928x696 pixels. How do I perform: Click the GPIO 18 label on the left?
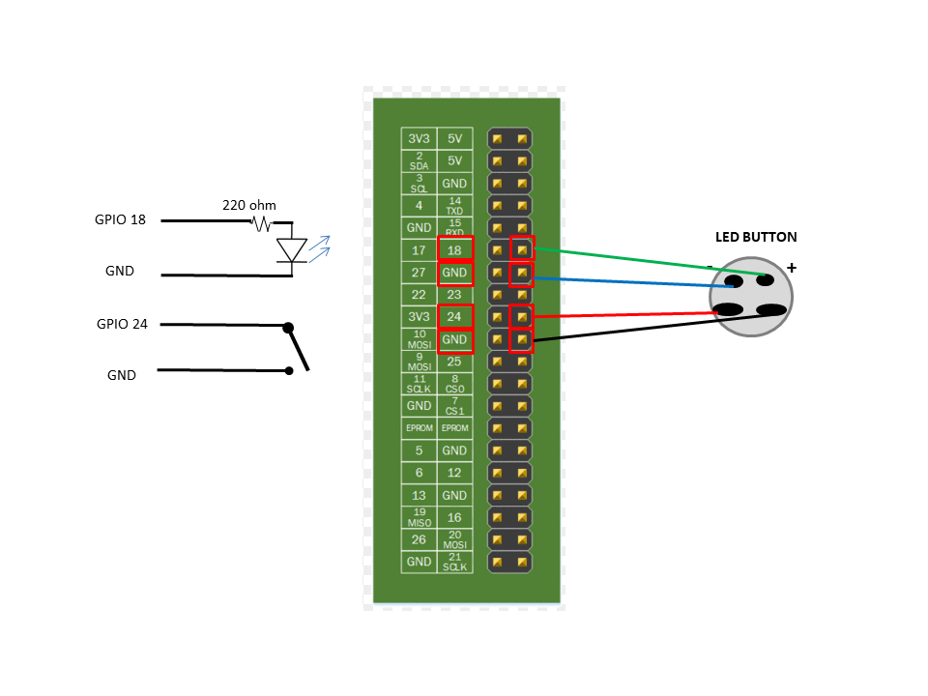click(120, 220)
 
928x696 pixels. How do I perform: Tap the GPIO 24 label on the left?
click(122, 325)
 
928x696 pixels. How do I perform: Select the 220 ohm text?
click(249, 205)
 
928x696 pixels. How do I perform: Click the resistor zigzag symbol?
click(261, 223)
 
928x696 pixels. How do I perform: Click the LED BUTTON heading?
click(756, 237)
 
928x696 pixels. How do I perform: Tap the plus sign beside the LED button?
click(792, 268)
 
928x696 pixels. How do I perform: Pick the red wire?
click(628, 314)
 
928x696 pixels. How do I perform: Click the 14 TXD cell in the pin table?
click(454, 206)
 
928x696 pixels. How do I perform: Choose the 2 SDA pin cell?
click(419, 161)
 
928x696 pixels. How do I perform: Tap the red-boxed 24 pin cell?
click(454, 317)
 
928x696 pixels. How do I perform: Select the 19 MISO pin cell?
click(419, 517)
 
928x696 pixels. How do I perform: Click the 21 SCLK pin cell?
click(454, 562)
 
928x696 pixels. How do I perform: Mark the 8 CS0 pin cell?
click(454, 384)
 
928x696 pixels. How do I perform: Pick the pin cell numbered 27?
click(419, 273)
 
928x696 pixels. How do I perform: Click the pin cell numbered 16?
click(454, 517)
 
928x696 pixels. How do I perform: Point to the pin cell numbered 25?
click(454, 362)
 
